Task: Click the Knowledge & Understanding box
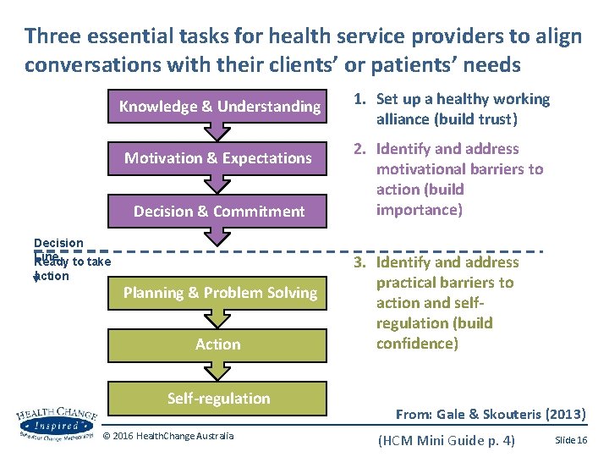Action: coord(219,106)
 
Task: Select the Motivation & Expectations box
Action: coord(219,157)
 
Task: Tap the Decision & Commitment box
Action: coord(219,211)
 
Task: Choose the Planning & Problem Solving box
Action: coord(219,293)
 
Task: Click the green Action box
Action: coord(219,344)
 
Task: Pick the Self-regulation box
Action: coord(219,399)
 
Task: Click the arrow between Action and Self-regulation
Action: coord(219,371)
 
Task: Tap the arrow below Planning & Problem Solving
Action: coord(219,319)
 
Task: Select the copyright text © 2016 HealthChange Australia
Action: coord(167,436)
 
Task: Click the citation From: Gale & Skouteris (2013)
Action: coord(490,414)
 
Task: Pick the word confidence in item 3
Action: coord(415,344)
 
